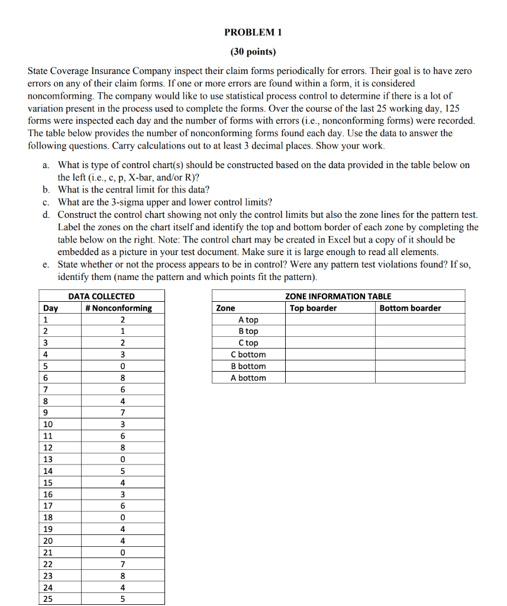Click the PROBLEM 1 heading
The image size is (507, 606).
coord(253,32)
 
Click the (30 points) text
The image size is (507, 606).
coord(253,51)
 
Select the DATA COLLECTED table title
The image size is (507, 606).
coord(102,296)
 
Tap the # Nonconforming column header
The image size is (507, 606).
coord(118,308)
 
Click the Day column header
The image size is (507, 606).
coord(50,308)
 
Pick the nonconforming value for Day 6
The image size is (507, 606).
coord(122,378)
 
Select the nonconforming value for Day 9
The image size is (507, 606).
coord(122,412)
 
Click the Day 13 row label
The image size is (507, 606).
coord(48,459)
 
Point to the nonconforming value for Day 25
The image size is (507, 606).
coord(122,599)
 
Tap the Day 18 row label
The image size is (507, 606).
coord(48,517)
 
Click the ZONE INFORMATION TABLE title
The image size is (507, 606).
coord(338,296)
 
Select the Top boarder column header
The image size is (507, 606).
coord(313,308)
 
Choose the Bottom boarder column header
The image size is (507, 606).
coord(410,308)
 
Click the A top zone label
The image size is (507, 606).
coord(248,320)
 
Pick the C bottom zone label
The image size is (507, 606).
coord(248,354)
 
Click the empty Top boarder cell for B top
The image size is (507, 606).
coord(330,331)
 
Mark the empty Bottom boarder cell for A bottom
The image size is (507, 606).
coord(420,378)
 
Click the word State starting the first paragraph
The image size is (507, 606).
coord(39,71)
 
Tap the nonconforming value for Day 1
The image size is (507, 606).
coord(122,320)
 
